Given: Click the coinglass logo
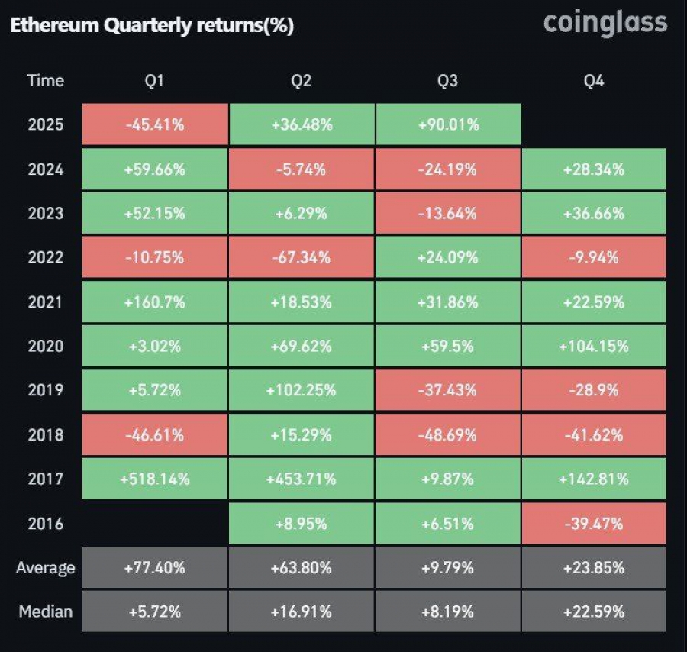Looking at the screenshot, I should click(x=605, y=23).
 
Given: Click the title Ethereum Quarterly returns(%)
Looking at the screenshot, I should click(x=151, y=26).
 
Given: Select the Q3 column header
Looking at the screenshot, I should click(x=447, y=80).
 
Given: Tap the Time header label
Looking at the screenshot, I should click(x=46, y=80).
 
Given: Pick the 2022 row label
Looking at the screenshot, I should click(x=46, y=257).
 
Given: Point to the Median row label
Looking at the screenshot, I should click(x=46, y=612).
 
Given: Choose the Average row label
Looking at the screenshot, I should click(x=46, y=567).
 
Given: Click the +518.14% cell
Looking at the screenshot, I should click(x=154, y=479).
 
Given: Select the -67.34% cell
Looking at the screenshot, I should click(x=302, y=257).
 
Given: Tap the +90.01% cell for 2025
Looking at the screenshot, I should click(x=448, y=124).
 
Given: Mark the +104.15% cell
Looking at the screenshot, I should click(x=594, y=346).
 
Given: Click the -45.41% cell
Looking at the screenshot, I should click(x=154, y=124).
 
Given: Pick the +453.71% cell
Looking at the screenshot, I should click(x=302, y=479).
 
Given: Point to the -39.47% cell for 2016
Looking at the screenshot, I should click(x=594, y=524).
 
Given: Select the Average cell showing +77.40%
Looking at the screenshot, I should click(x=154, y=567).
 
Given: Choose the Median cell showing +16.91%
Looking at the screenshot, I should click(x=302, y=612).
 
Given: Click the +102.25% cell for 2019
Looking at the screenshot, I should click(x=302, y=390).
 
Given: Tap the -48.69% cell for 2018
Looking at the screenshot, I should click(x=448, y=434).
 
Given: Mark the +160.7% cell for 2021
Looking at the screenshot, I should click(x=154, y=302).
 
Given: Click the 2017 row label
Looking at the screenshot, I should click(x=46, y=479).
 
